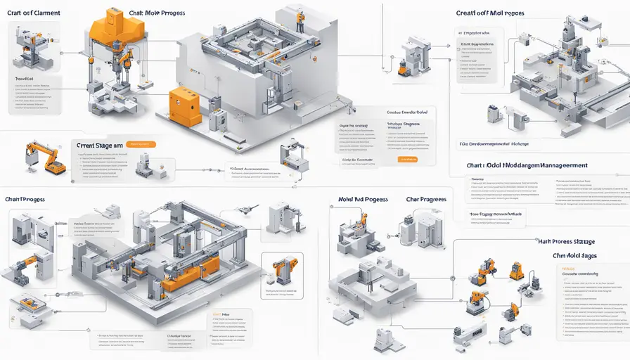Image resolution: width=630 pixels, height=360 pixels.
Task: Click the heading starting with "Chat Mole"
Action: coord(155,13)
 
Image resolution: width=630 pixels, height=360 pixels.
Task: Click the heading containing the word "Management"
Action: coord(527,167)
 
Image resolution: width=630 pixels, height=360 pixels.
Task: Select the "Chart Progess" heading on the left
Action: coord(25,200)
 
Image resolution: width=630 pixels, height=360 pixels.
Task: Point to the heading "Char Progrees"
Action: coord(426,199)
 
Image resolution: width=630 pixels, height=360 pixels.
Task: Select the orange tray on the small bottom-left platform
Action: coord(32,304)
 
